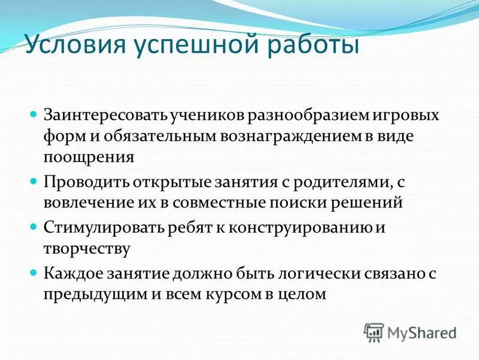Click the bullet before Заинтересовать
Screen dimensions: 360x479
[x=34, y=113]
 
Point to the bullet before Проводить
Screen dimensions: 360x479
[x=34, y=180]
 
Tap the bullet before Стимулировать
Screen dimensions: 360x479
[x=34, y=226]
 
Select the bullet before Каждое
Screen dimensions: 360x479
[x=34, y=272]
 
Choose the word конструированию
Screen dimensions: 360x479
[x=311, y=227]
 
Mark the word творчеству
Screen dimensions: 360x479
[x=87, y=248]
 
